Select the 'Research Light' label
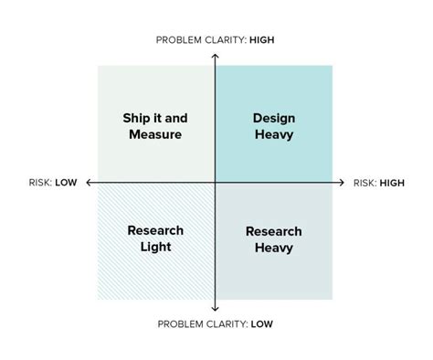click(155, 238)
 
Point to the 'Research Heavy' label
click(273, 239)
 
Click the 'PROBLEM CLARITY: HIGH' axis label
click(215, 40)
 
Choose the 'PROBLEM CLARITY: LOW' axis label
click(215, 324)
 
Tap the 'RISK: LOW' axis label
click(53, 183)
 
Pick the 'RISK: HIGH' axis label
click(379, 183)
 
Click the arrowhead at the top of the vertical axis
click(215, 57)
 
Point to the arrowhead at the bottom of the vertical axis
click(215, 309)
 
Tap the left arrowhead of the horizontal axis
click(90, 183)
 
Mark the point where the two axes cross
click(215, 183)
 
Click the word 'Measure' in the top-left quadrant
click(155, 134)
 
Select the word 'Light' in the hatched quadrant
click(155, 247)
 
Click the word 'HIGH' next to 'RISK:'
click(392, 183)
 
